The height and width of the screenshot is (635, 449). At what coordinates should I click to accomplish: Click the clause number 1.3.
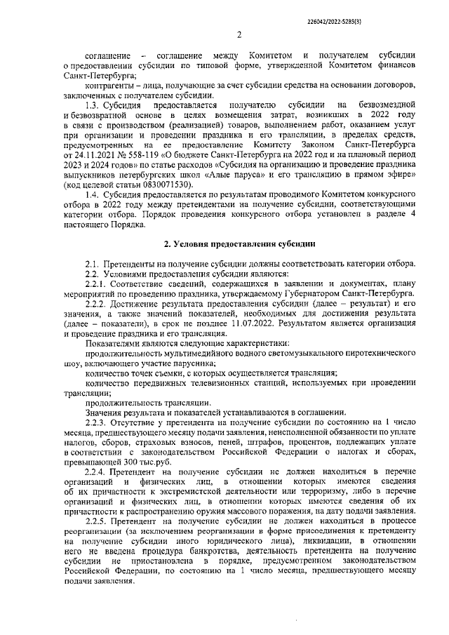[94, 105]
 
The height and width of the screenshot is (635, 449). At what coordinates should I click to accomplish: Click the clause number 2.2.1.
[98, 283]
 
